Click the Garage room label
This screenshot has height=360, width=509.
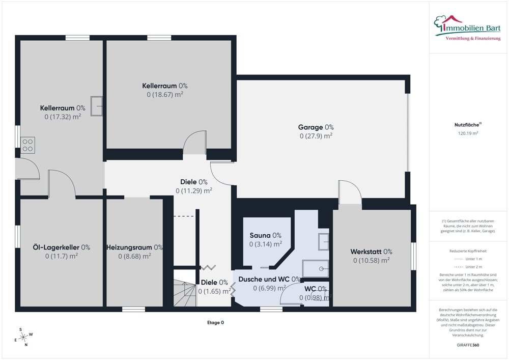(x=316, y=127)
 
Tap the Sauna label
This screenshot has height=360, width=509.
(x=265, y=235)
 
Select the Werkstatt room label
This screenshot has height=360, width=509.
(x=372, y=252)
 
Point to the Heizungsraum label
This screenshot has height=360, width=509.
(x=134, y=247)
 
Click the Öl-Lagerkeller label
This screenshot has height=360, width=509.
(x=62, y=247)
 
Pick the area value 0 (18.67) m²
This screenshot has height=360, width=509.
(x=165, y=95)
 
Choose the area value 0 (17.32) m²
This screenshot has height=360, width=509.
(x=63, y=117)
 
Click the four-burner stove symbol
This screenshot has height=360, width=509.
(x=27, y=146)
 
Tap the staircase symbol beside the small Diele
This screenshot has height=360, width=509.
(x=185, y=288)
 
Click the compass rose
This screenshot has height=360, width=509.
(x=23, y=337)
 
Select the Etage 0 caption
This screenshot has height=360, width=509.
(x=215, y=322)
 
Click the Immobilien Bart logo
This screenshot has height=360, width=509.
(x=467, y=28)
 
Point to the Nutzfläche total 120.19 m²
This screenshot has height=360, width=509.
(x=468, y=133)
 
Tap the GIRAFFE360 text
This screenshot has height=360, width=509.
(x=468, y=345)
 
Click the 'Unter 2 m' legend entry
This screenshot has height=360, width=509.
(x=468, y=267)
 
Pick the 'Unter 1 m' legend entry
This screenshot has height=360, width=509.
(x=468, y=259)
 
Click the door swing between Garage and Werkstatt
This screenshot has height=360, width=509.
(x=350, y=192)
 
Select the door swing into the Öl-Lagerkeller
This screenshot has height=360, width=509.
(x=62, y=183)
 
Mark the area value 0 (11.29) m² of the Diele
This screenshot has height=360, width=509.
(x=194, y=190)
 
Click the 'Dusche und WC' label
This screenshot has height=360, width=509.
(x=269, y=279)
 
